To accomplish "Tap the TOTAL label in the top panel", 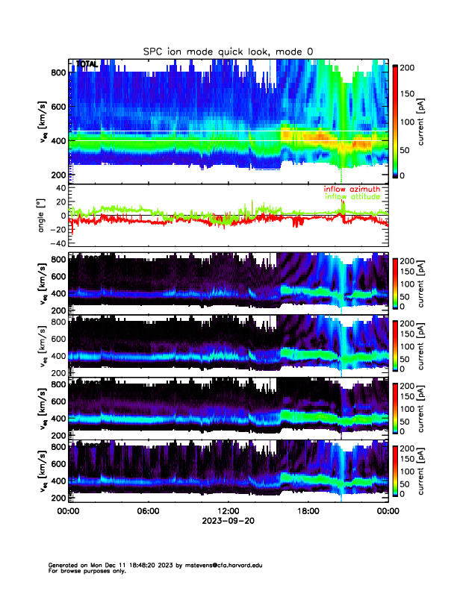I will click(87, 64).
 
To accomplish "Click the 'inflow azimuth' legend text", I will click(352, 190).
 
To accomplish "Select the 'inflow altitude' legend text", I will click(352, 197).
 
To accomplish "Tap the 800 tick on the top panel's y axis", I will click(58, 72).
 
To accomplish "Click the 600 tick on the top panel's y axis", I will click(58, 106).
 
